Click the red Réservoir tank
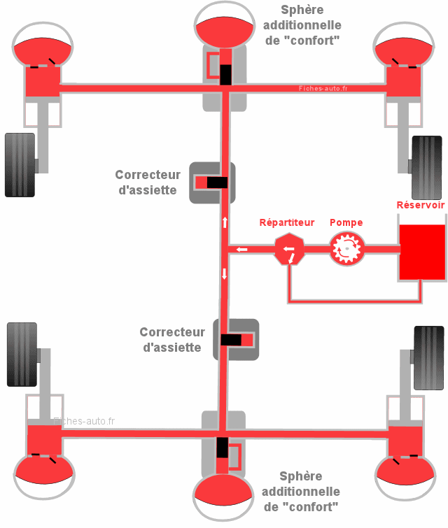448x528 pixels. pos(421,252)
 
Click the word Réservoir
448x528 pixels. pos(420,205)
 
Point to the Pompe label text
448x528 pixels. pos(346,222)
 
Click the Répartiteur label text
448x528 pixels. pos(287,222)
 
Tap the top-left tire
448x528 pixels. pos(20,164)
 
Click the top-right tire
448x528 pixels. pos(426,166)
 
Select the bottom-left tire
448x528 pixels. pos(22,354)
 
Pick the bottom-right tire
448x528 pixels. pos(428,357)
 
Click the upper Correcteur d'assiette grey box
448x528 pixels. pos(212,183)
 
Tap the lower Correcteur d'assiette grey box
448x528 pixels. pos(236,340)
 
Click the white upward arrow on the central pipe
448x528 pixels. pos(225,222)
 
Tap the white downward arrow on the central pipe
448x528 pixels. pos(225,274)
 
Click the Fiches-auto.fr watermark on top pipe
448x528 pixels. pos(323,89)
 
